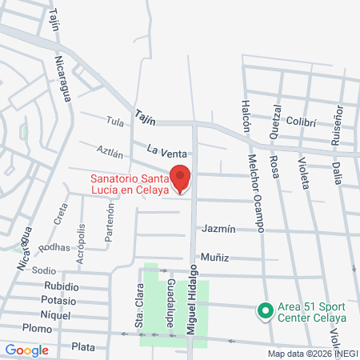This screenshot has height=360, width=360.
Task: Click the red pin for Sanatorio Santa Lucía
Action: point(181,178)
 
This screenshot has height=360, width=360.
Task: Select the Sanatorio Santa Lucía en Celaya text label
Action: point(129,184)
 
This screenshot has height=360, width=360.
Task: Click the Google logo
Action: point(26,350)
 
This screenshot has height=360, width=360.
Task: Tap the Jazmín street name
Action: point(218,229)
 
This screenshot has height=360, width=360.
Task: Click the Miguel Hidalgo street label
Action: point(192,296)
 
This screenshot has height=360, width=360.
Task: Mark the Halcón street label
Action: point(245,117)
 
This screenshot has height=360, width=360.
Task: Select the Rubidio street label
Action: point(61,286)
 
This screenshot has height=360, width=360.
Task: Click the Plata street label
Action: point(83,346)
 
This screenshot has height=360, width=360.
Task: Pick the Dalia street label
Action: point(337,173)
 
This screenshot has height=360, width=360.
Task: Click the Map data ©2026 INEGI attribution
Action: point(313,354)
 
